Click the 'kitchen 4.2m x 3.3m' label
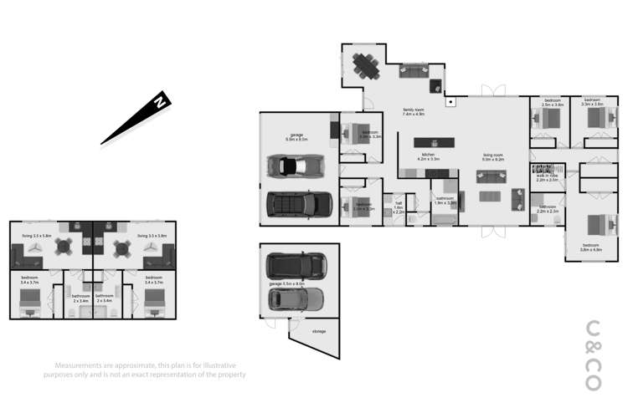[429, 156]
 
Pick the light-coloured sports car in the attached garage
[294, 166]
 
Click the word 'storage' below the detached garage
[318, 332]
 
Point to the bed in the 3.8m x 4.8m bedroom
[594, 227]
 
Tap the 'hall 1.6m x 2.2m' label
[399, 209]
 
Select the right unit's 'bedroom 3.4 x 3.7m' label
[153, 279]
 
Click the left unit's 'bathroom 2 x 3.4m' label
[80, 298]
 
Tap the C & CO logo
[593, 355]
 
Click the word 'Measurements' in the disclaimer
[80, 366]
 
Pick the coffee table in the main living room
[494, 196]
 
